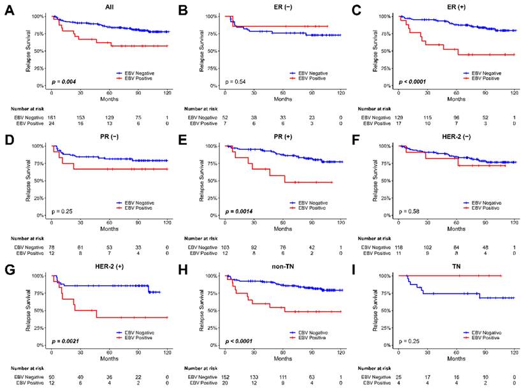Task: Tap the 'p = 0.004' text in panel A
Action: [65, 82]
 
